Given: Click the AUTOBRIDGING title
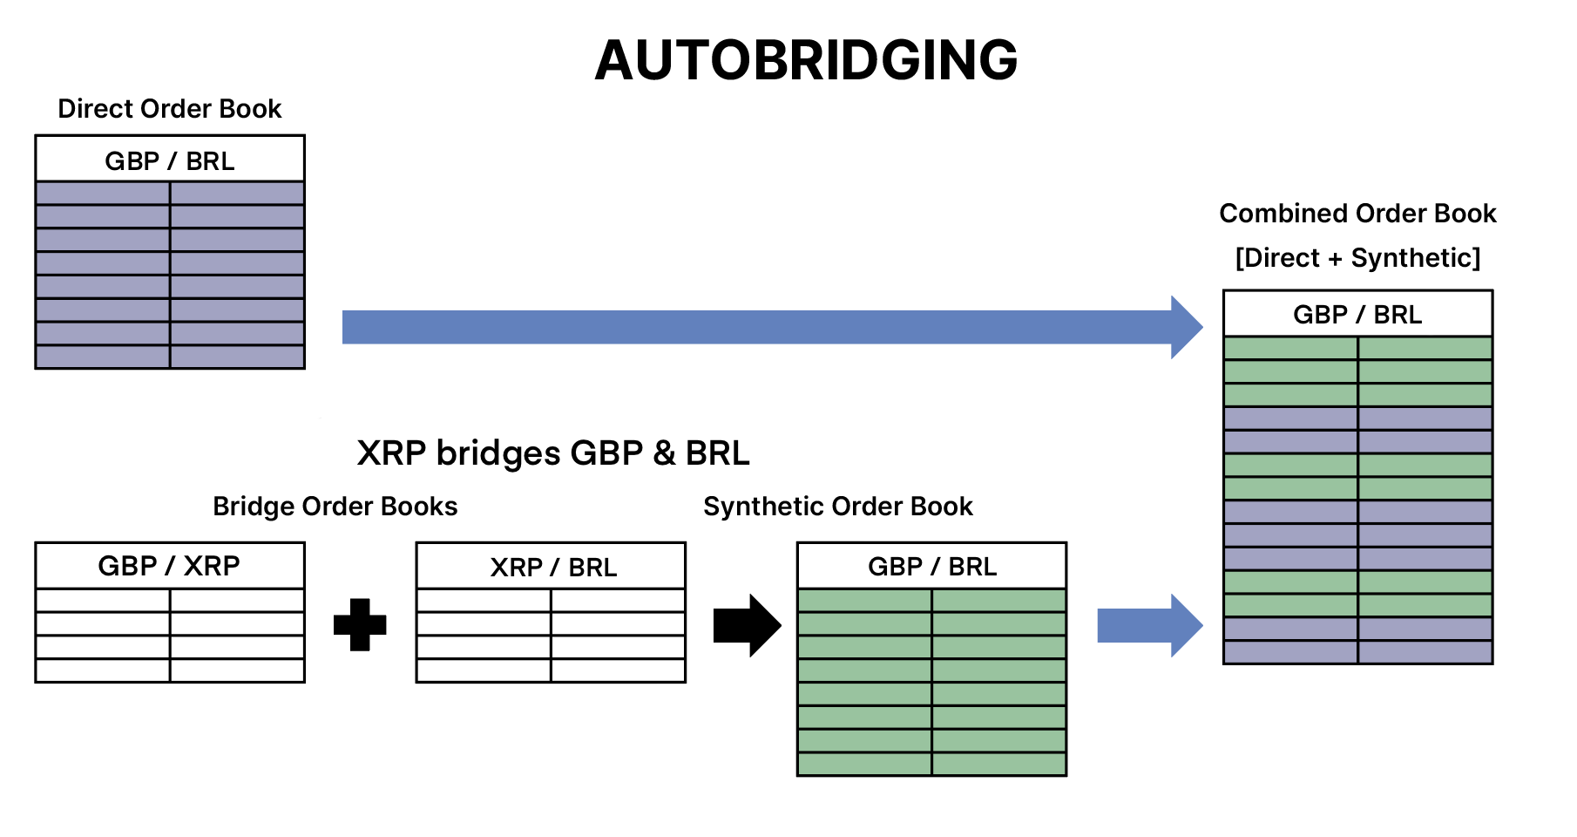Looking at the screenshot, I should point(806,60).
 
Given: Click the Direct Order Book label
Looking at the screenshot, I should point(170,109).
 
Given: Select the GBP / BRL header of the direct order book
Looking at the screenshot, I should point(170,160).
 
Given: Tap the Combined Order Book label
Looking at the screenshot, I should point(1357,214).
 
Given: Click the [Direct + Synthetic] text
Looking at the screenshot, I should point(1357,258).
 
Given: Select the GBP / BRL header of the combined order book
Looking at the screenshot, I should point(1357,315).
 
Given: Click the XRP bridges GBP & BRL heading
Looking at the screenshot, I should point(553,453).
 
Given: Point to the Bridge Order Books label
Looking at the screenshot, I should point(335,507).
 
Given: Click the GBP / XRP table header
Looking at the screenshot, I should point(170,566).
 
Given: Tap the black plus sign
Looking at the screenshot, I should point(360,624).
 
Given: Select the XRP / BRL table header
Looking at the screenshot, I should point(553,568).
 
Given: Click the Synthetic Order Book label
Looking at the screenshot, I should point(838,507).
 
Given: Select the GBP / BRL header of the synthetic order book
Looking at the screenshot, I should point(932,567).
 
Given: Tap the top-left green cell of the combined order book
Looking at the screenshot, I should point(1290,349).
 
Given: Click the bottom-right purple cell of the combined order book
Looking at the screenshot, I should point(1425,652).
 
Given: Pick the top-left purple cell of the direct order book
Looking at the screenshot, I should point(103,194).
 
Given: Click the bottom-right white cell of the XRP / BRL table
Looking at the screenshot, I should point(618,670).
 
